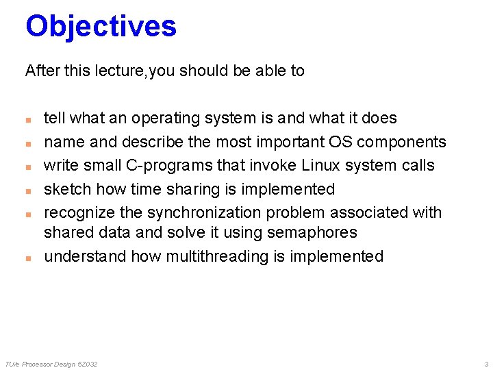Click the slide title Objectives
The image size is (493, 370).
(x=101, y=26)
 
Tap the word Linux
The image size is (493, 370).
(x=326, y=165)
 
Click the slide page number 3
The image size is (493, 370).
(x=485, y=364)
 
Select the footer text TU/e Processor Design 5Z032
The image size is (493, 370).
(x=51, y=364)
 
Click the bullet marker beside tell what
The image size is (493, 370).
(x=28, y=119)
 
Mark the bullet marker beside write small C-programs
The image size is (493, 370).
(x=28, y=166)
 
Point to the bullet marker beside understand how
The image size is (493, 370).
(x=28, y=258)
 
